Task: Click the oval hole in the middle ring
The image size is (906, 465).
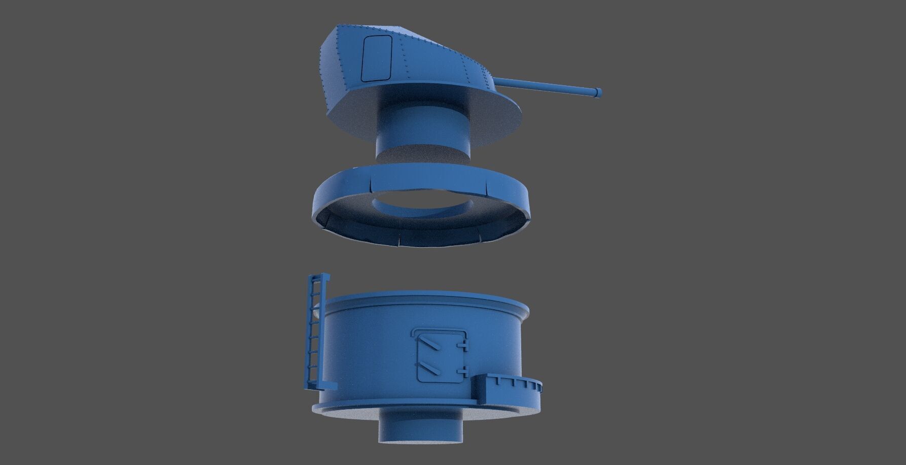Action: pos(424,208)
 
